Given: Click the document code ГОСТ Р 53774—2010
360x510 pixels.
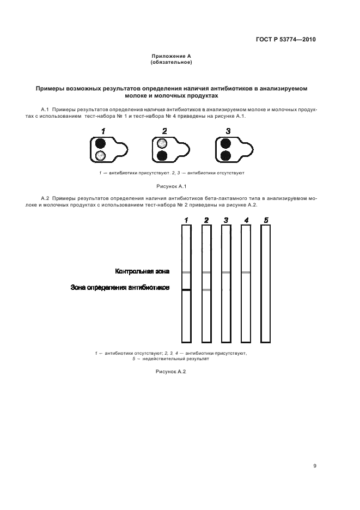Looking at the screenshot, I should [285, 39].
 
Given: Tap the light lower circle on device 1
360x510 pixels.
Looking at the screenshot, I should [100, 156].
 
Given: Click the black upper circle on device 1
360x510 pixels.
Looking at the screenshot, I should [100, 144].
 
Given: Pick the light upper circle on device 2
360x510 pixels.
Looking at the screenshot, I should [162, 144].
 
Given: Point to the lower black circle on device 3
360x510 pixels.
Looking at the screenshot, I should [225, 156].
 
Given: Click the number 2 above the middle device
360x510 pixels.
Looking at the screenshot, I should [164, 131].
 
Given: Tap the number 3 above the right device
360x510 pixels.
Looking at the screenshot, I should [228, 131].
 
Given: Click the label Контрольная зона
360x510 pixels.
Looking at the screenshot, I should [142, 271].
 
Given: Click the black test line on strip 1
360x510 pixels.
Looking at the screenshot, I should [186, 290].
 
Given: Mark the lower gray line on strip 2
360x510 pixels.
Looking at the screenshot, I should [206, 290].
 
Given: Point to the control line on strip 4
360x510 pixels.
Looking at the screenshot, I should [246, 272].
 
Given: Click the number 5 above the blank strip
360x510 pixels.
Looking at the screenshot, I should [266, 220].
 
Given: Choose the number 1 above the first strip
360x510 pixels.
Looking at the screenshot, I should [186, 220].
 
